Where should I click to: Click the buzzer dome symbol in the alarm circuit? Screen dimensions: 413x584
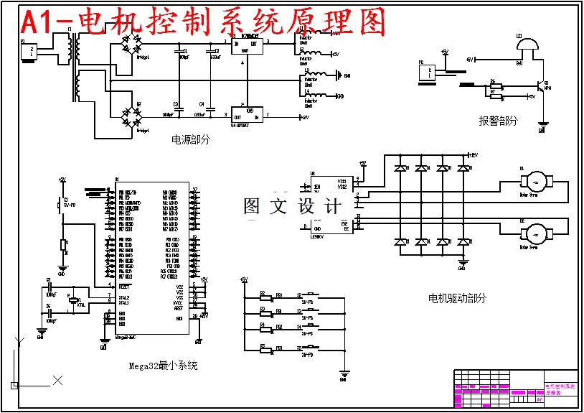pyautogui.click(x=527, y=45)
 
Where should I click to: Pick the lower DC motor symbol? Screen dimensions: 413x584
pyautogui.click(x=537, y=232)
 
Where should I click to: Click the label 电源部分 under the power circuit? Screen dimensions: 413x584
pyautogui.click(x=191, y=140)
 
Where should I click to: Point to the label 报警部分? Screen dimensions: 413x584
pyautogui.click(x=498, y=121)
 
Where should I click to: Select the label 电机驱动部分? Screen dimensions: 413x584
pyautogui.click(x=456, y=298)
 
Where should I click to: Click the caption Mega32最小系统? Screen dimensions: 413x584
pyautogui.click(x=163, y=366)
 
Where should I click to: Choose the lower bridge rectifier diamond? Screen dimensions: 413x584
pyautogui.click(x=131, y=117)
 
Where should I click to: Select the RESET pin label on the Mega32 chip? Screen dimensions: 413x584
pyautogui.click(x=124, y=285)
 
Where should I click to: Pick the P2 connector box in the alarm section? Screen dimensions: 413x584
pyautogui.click(x=426, y=72)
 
